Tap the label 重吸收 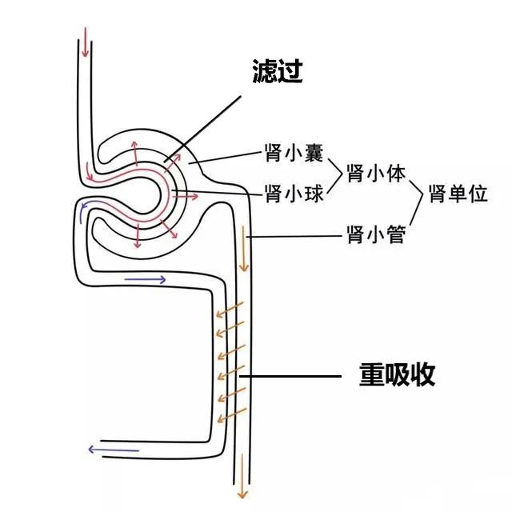(397, 374)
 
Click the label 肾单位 (458, 193)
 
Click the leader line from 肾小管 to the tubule (296, 236)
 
